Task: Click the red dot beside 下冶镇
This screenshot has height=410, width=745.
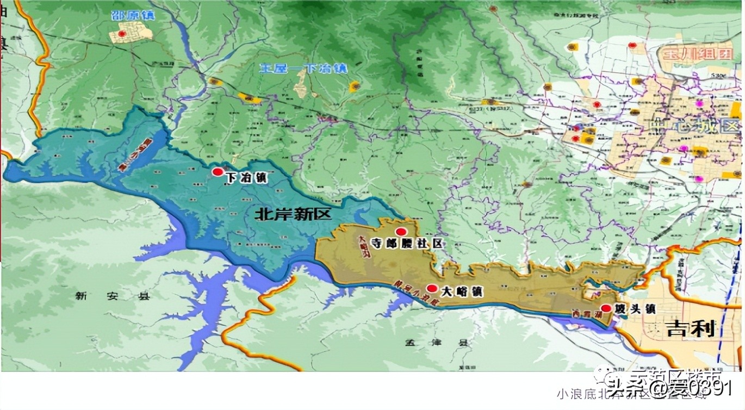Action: (x=218, y=172)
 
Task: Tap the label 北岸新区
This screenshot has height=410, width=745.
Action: (x=293, y=214)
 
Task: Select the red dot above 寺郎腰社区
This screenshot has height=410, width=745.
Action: (x=401, y=232)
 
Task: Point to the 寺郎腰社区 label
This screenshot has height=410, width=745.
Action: (x=407, y=244)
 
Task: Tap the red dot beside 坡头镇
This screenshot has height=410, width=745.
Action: (x=606, y=308)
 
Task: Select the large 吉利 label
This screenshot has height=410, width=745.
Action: (x=690, y=328)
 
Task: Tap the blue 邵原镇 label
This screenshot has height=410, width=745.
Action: (x=132, y=15)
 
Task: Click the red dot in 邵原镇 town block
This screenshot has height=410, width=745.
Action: (x=122, y=34)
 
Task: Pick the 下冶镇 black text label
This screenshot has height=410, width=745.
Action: (x=246, y=178)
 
